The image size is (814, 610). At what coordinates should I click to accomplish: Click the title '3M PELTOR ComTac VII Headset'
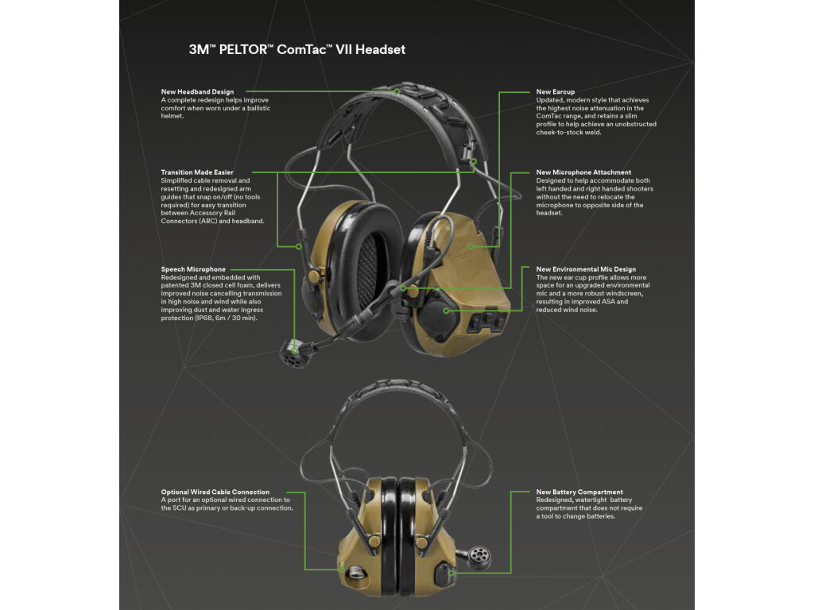pos(297,50)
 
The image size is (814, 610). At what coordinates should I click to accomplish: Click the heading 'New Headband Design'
pos(197,92)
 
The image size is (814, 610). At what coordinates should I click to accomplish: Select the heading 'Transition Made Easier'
pos(197,172)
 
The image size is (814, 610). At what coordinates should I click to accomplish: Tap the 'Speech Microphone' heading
pos(193,269)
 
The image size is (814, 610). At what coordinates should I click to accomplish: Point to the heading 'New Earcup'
pos(556,92)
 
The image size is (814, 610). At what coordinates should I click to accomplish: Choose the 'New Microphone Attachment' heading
pos(583,172)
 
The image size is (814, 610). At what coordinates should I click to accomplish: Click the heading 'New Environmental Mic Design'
pos(586,269)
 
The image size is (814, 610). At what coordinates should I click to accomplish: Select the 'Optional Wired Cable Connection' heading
pos(215,492)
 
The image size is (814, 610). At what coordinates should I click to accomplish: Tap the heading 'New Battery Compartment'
pos(579,492)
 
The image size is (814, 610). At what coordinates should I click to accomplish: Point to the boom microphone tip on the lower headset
pos(478,557)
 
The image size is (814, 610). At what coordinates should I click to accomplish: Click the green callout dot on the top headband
pos(397,92)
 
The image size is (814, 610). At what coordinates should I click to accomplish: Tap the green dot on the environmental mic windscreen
pos(447,311)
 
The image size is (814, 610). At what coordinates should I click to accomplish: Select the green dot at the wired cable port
pos(342,569)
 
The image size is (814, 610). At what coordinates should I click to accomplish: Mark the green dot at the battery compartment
pos(452,573)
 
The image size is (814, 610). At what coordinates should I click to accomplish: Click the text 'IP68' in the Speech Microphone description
pos(205,318)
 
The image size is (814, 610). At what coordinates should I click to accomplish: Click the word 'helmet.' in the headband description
pos(172,116)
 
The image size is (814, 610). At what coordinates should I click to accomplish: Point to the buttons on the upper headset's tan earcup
pos(486,322)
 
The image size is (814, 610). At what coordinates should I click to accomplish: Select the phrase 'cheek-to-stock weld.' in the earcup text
pos(568,133)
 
